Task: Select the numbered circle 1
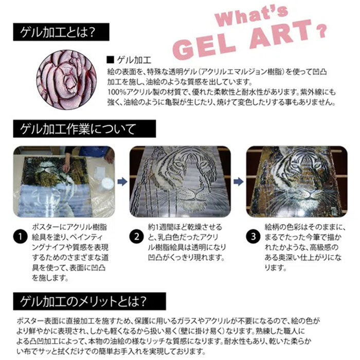[x=19, y=237]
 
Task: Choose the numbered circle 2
[x=136, y=237]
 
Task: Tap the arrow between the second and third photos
[x=238, y=181]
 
